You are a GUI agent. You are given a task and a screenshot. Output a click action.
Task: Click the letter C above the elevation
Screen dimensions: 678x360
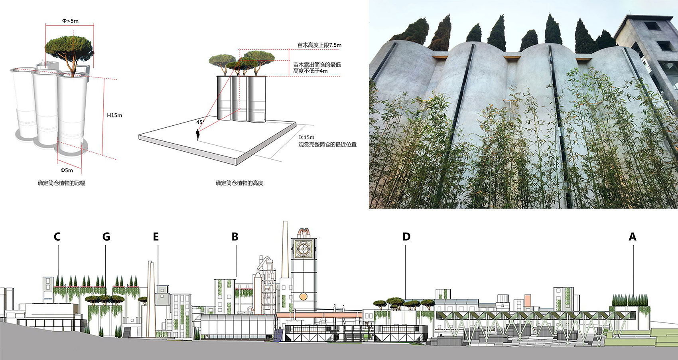coord(57,236)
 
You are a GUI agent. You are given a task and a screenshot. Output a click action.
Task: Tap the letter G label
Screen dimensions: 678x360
coord(106,236)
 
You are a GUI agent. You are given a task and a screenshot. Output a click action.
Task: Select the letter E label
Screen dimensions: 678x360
coord(156,236)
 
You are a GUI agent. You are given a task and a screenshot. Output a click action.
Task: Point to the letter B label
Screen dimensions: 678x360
coord(235,236)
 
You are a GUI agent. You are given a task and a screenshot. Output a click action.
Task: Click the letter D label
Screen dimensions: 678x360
coord(406,236)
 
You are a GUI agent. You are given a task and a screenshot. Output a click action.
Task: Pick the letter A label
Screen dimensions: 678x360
coord(632,236)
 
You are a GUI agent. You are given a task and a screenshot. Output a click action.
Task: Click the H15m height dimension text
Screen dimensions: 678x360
coord(114,115)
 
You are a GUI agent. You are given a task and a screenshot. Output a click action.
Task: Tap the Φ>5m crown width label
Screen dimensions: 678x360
coord(70,21)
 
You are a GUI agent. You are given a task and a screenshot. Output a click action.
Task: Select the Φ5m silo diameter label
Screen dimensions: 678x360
coord(67,170)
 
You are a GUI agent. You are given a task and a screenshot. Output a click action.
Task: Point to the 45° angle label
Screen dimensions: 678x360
coord(200,122)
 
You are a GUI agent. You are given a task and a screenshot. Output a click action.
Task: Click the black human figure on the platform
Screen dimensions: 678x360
coord(198,135)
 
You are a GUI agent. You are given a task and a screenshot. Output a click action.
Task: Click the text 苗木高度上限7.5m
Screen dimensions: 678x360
coord(319,45)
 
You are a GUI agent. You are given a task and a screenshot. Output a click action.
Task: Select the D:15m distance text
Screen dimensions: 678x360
coord(306,137)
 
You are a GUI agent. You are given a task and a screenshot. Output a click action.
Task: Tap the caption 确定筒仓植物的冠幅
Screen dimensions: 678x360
coord(61,183)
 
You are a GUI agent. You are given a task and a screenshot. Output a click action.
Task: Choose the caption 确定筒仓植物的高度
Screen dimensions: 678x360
coord(239,183)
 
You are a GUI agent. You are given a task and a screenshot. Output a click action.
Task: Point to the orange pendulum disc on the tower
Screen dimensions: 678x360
coord(303,296)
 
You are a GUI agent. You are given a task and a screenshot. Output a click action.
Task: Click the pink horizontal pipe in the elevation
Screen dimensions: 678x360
coord(319,315)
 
